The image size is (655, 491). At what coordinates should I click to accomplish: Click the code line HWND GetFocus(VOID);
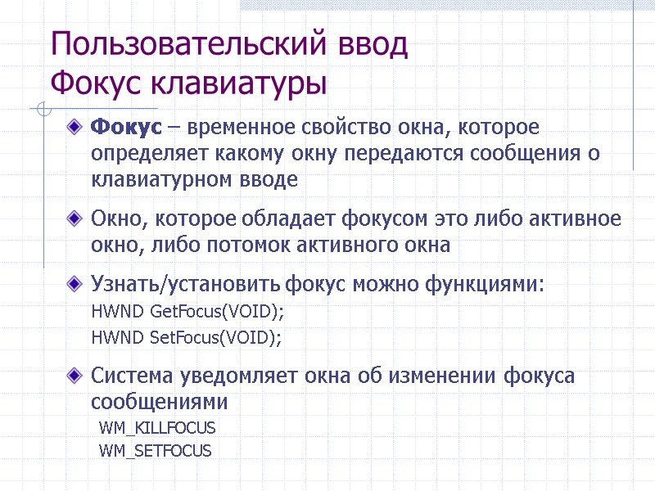pyautogui.click(x=187, y=312)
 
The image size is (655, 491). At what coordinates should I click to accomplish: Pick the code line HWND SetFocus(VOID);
pyautogui.click(x=187, y=337)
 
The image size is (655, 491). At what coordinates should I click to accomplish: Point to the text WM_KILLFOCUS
pyautogui.click(x=157, y=428)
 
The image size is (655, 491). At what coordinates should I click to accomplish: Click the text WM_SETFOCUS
pyautogui.click(x=155, y=451)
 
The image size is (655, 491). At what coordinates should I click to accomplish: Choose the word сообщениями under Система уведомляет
pyautogui.click(x=159, y=402)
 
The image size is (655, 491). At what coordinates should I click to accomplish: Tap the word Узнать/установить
pyautogui.click(x=186, y=285)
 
